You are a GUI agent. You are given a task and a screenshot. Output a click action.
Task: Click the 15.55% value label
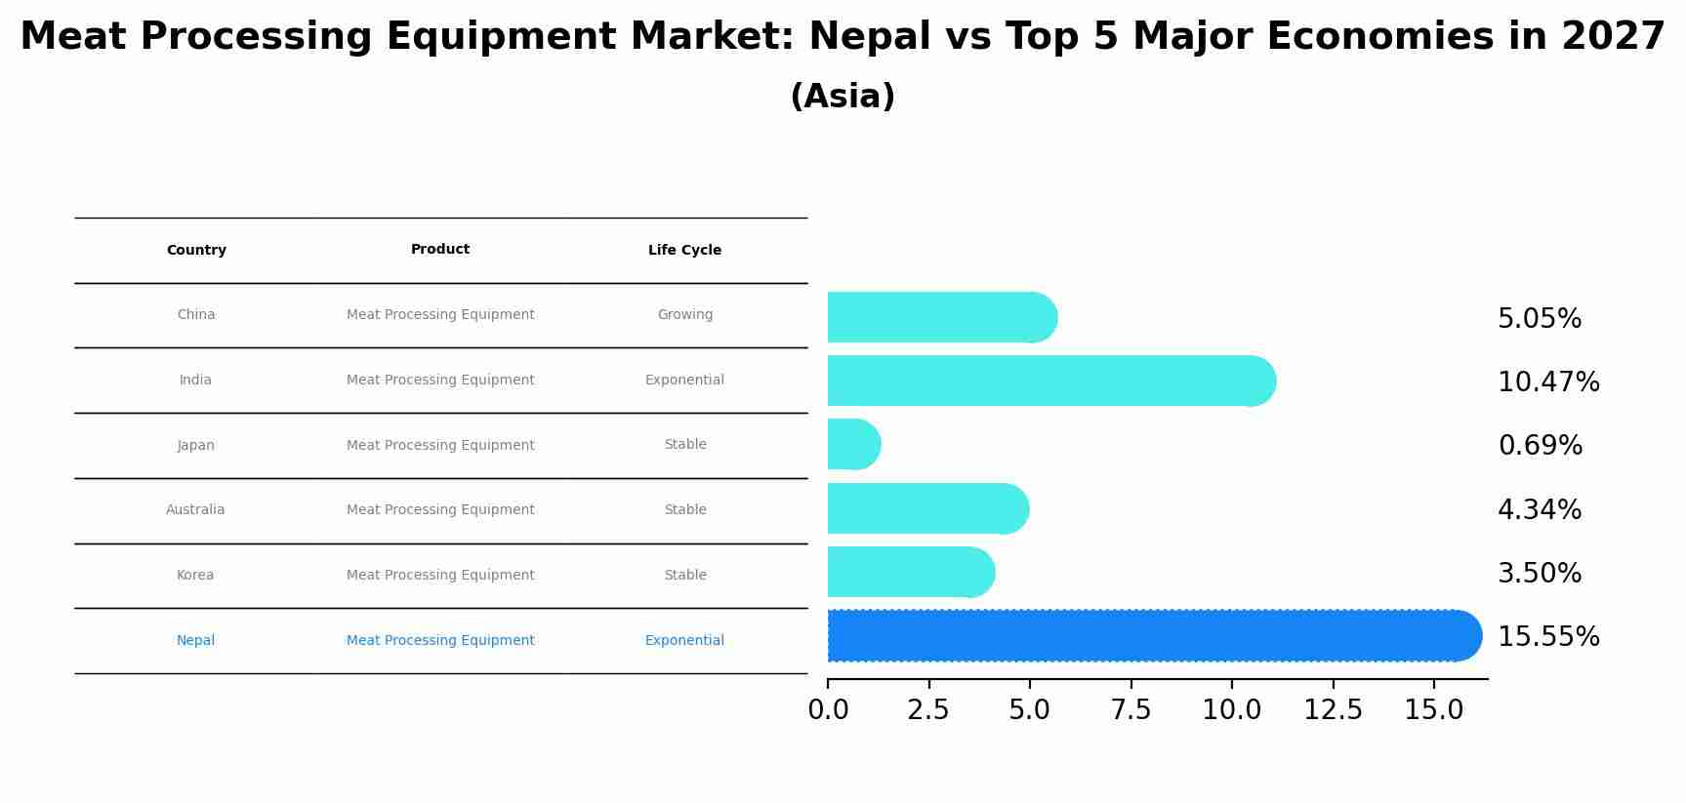1548,637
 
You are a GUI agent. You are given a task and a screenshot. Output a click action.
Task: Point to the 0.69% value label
1540,446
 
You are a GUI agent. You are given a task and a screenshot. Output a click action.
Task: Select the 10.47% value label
1548,382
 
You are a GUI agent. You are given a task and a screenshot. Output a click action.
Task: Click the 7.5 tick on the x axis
1131,710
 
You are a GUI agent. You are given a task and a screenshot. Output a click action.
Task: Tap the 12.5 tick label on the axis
1333,710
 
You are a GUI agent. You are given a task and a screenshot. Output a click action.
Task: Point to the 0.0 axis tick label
828,710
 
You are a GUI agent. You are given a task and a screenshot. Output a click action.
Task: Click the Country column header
196,251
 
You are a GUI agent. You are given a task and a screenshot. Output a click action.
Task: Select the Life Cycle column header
684,251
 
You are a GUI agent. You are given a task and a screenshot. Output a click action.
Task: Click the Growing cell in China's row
684,315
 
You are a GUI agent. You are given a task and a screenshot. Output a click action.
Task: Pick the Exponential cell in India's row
684,381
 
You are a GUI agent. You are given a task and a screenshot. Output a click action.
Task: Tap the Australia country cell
195,510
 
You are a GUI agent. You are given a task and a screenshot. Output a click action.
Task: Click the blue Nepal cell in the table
195,641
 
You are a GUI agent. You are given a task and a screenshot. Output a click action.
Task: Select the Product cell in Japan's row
440,446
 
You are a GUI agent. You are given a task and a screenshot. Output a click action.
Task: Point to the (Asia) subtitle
843,97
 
